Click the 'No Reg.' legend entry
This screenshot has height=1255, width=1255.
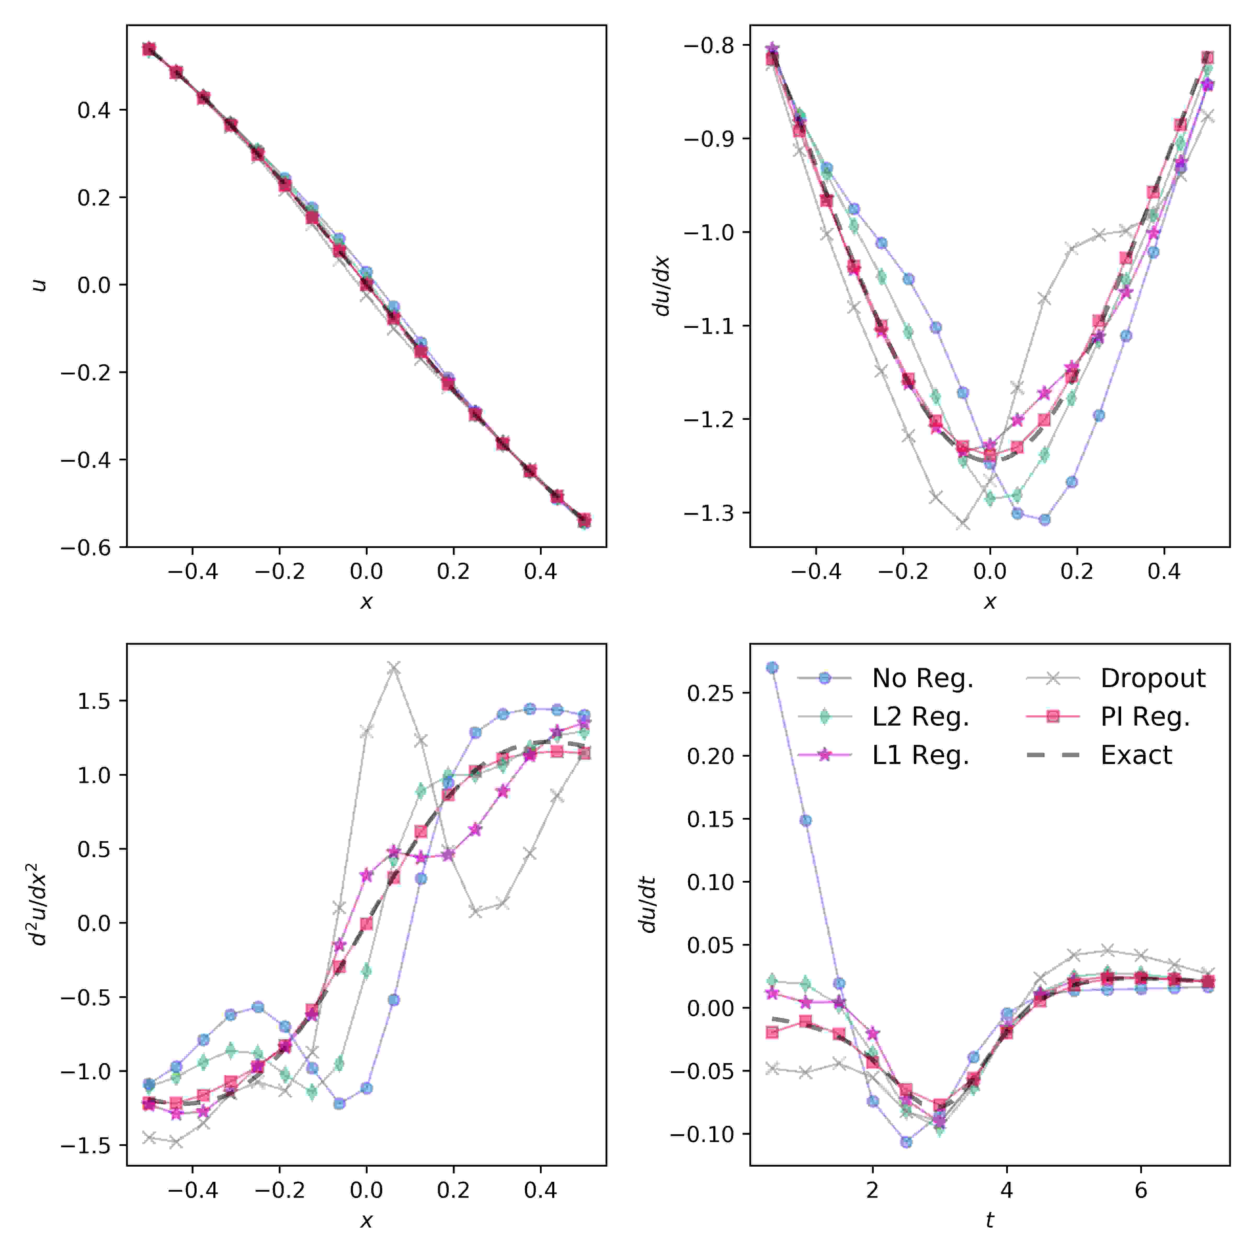[x=922, y=678]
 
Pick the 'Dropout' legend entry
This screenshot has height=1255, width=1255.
[x=1152, y=678]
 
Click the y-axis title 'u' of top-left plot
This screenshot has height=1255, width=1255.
[x=40, y=284]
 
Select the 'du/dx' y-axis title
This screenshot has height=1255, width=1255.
[x=663, y=286]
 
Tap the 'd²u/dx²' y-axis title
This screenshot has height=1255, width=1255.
[x=39, y=904]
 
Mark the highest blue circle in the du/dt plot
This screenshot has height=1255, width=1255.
[x=772, y=668]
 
